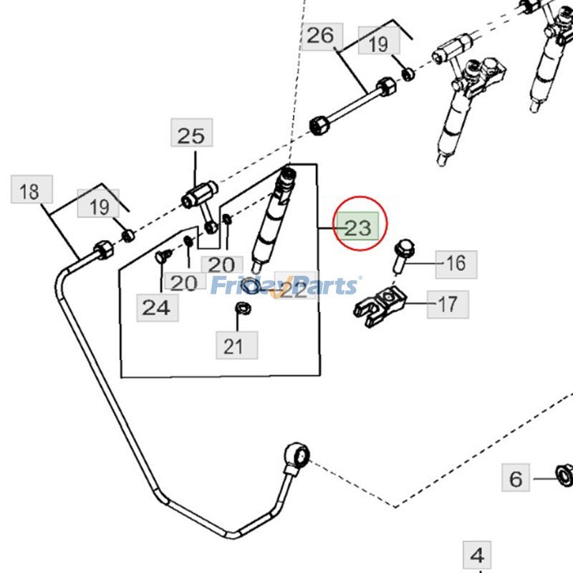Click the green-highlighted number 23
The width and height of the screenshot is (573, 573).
358,228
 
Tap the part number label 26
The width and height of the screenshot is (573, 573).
321,35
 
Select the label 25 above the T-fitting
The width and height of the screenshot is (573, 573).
191,135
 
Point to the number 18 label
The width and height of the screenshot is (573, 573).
29,191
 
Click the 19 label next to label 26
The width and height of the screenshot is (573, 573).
377,44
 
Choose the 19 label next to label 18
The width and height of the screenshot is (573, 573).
100,207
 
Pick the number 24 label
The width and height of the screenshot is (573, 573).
155,307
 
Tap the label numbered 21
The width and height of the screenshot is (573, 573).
233,347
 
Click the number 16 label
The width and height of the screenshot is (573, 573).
456,264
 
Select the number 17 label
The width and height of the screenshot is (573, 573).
448,304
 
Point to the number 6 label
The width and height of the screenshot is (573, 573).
516,478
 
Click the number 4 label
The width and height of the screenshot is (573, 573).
478,554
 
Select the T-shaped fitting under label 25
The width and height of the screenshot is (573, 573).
199,197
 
